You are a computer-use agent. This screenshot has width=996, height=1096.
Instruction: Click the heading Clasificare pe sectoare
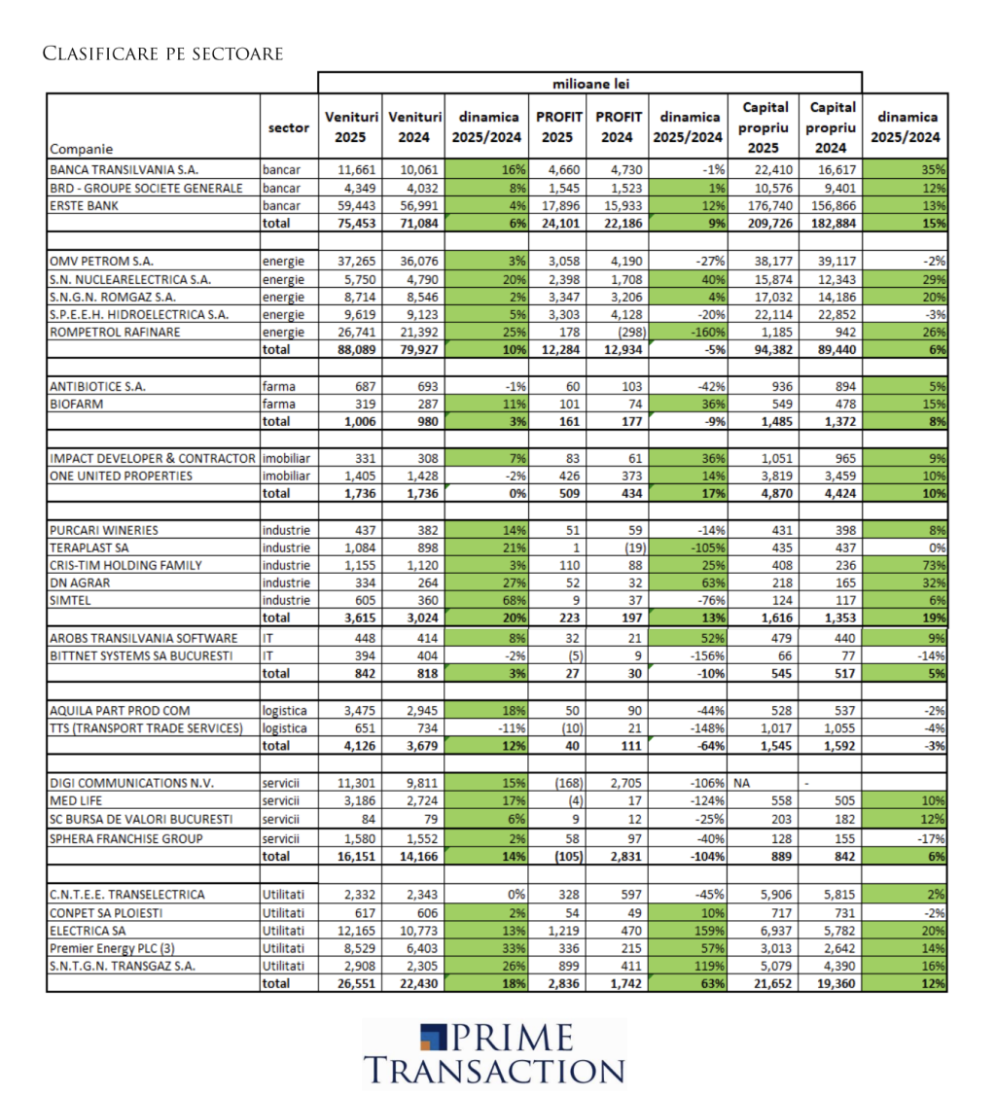(162, 53)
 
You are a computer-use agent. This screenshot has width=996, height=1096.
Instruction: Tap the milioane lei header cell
(590, 83)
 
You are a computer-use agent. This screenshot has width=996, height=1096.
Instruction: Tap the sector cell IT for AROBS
(269, 637)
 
